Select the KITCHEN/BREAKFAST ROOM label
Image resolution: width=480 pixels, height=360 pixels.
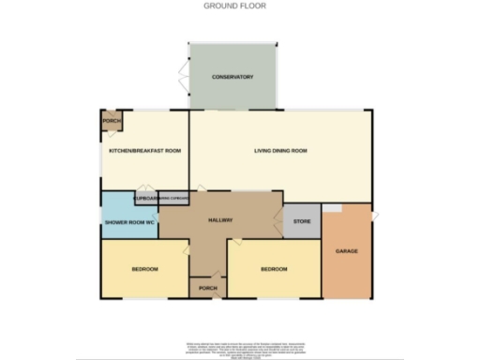click(144, 151)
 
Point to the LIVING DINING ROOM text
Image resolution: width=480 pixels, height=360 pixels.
click(281, 151)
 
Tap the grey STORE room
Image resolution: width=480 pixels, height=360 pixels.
click(302, 222)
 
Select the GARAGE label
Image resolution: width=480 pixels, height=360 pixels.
click(346, 251)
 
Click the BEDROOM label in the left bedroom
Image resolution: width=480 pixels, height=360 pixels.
click(143, 270)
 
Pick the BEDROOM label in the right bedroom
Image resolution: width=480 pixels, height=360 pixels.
click(273, 270)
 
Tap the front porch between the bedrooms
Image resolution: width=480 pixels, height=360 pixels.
click(204, 287)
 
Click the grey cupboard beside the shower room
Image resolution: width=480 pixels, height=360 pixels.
click(145, 199)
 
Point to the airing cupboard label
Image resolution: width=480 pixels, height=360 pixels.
click(175, 199)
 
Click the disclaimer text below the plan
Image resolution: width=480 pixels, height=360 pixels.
click(239, 349)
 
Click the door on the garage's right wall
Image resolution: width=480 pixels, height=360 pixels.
click(374, 217)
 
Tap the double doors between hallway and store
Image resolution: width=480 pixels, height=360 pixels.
click(279, 222)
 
